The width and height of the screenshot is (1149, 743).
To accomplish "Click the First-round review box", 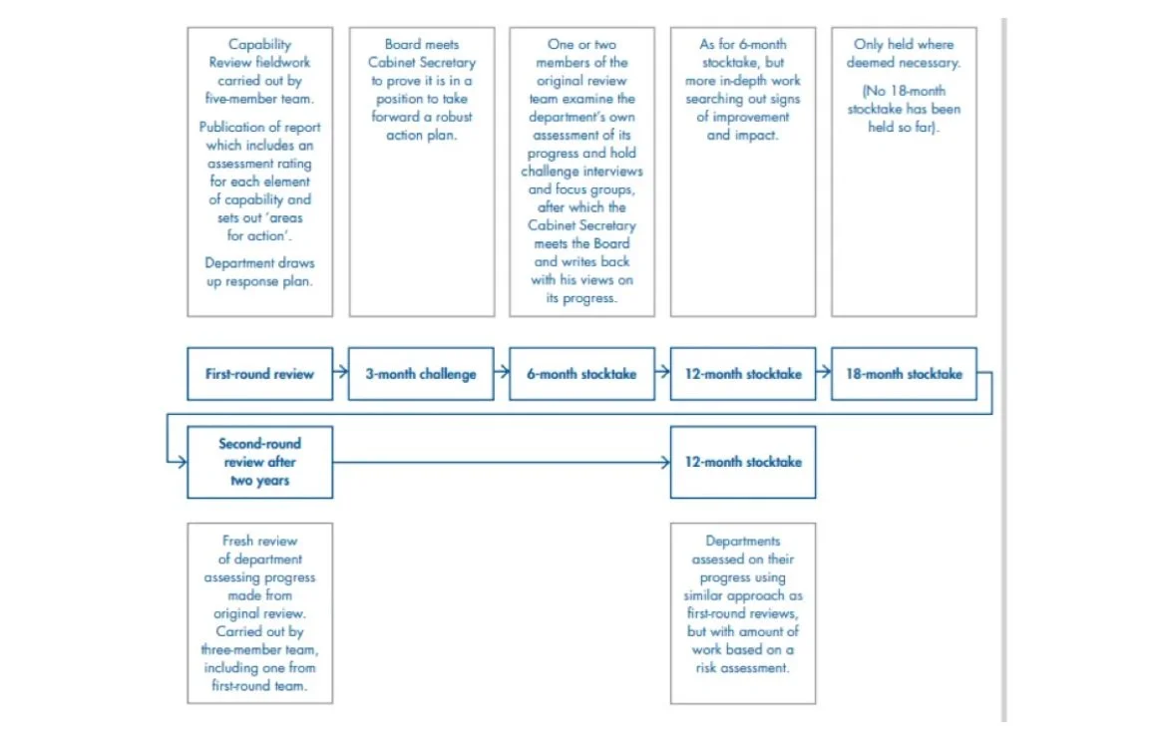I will [259, 374].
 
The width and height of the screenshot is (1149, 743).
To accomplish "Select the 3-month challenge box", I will [420, 374].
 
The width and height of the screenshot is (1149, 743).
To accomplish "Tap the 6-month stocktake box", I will [581, 374].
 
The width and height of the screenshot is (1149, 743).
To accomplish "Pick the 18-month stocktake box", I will [904, 374].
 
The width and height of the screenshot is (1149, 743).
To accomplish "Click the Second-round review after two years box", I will [259, 462].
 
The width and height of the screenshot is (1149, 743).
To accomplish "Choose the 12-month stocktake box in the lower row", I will [743, 462].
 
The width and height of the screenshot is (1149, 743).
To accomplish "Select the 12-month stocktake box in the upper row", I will [743, 374].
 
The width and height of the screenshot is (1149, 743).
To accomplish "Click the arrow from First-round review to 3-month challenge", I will [340, 374].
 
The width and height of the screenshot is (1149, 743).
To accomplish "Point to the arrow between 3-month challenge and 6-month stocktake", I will [501, 374].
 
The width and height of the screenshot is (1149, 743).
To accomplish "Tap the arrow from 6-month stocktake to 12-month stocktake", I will [662, 374].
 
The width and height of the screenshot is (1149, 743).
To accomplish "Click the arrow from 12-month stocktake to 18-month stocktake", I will [824, 374].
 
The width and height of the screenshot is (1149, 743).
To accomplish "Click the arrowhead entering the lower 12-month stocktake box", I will [664, 462].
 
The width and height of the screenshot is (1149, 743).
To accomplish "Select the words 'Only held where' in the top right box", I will [904, 45].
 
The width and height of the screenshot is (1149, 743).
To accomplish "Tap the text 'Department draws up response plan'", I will [259, 272].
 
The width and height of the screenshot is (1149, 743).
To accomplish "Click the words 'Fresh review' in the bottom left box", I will [259, 542].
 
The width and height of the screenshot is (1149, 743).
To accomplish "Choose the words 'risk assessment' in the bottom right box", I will [743, 667].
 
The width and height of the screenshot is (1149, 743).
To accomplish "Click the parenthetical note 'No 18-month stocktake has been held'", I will [904, 109].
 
